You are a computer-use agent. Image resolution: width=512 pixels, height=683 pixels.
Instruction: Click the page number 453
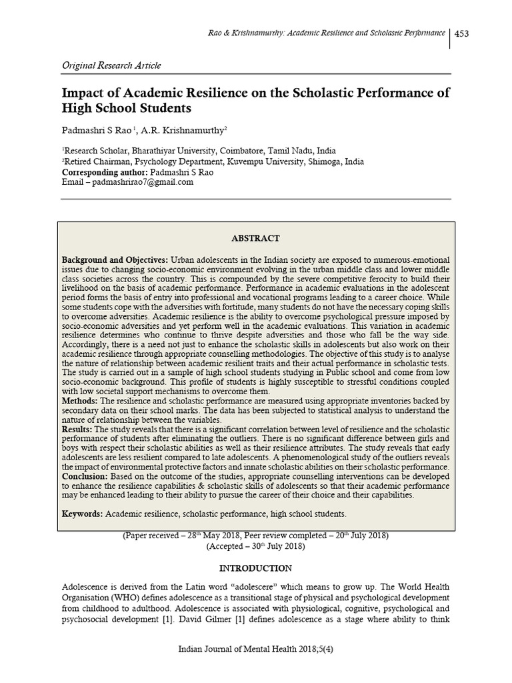point(463,35)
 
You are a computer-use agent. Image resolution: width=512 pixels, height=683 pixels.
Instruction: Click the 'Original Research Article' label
point(111,65)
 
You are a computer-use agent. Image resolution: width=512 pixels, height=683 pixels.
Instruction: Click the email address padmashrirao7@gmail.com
point(143,182)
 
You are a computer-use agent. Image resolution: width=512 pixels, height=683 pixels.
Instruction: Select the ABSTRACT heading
point(255,238)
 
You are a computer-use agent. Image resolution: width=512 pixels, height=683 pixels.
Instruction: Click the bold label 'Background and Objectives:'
point(115,259)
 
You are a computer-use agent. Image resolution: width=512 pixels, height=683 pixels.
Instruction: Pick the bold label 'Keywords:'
point(83,514)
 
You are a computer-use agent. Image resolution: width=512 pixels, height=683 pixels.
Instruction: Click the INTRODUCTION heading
point(255,568)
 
